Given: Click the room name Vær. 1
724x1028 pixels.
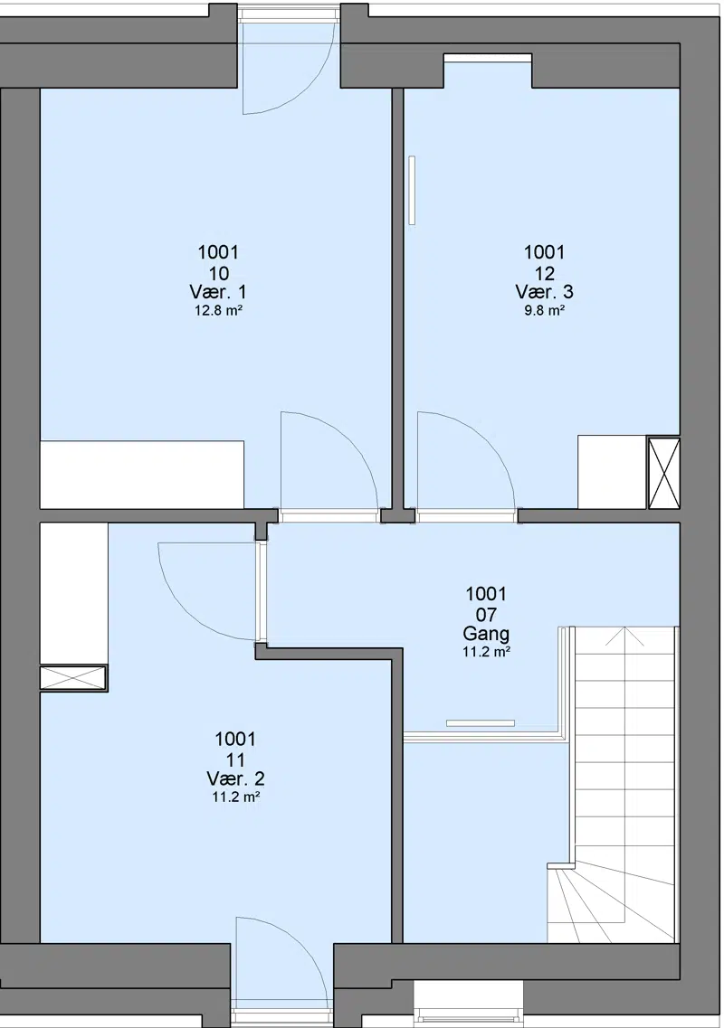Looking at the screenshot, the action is click(218, 292).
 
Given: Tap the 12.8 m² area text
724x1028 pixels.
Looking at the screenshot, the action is click(219, 311).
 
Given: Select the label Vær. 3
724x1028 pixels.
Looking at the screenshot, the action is click(544, 292).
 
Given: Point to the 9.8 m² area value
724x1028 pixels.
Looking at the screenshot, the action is click(545, 311).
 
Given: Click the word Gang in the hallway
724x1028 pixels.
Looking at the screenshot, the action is click(486, 634).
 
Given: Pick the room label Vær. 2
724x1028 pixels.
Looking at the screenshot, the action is click(235, 778).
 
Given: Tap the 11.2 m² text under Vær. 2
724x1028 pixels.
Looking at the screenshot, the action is click(235, 797).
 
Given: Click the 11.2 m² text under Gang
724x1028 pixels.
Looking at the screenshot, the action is click(486, 653).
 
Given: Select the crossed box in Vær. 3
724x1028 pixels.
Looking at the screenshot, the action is click(663, 473).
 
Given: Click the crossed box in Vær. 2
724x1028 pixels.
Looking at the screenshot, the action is click(73, 677).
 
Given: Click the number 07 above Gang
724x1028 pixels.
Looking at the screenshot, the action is click(486, 614).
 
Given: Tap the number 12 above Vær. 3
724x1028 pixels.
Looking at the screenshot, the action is click(545, 273).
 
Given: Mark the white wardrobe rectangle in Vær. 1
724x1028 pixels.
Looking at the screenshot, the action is click(142, 475).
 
